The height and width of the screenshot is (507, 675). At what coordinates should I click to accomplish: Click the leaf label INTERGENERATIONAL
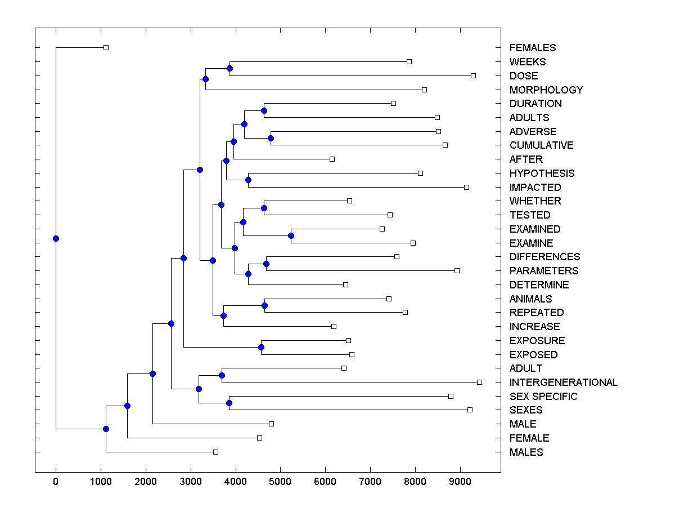[x=563, y=383]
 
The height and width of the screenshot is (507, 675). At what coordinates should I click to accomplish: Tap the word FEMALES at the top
[x=532, y=48]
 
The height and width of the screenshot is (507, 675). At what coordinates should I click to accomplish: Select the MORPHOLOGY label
[x=546, y=90]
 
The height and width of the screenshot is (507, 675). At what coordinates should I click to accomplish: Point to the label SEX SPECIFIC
[x=543, y=397]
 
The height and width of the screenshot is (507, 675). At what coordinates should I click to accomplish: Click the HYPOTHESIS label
[x=542, y=174]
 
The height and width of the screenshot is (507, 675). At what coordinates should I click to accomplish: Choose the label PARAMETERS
[x=543, y=271]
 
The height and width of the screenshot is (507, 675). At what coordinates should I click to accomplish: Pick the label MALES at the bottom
[x=526, y=452]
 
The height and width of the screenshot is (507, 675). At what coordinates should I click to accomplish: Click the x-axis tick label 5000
[x=280, y=481]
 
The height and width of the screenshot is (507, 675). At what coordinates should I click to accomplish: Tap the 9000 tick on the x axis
[x=460, y=481]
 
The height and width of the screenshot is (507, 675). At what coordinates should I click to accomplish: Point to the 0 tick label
[x=56, y=481]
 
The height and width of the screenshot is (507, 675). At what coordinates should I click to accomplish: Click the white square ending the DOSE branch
[x=473, y=75]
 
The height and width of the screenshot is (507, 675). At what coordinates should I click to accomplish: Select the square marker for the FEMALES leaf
[x=106, y=47]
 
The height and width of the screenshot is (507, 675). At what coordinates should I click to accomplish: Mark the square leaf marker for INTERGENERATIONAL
[x=479, y=382]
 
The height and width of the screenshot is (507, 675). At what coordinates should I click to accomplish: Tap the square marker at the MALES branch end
[x=215, y=452]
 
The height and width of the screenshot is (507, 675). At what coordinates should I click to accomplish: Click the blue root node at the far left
[x=56, y=238]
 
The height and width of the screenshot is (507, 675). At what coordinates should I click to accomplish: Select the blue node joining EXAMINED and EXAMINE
[x=291, y=235]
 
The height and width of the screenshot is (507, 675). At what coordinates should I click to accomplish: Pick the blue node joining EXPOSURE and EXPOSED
[x=261, y=347]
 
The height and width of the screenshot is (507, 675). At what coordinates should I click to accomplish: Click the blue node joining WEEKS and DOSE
[x=229, y=68]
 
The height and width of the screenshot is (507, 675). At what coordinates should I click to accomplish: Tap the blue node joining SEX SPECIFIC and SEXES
[x=229, y=403]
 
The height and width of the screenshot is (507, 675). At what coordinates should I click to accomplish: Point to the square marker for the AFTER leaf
[x=332, y=159]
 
